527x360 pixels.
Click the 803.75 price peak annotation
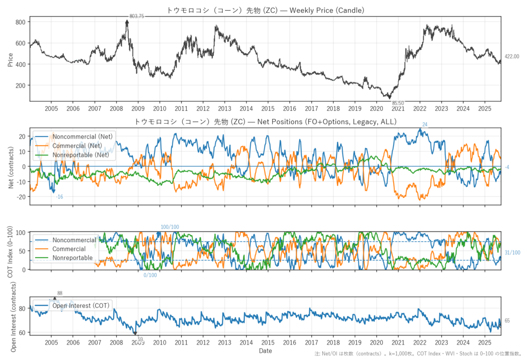pos(137,16)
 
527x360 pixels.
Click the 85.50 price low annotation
pos(397,103)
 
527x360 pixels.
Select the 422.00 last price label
pos(512,57)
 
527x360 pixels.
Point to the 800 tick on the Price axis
pos(21,22)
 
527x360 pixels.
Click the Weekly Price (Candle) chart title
pos(266,10)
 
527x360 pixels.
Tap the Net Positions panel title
pos(266,122)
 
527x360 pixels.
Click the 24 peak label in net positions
pos(425,125)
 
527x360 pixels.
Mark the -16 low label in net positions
pos(60,197)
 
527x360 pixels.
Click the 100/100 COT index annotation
pos(170,227)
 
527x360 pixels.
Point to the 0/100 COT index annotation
pos(150,275)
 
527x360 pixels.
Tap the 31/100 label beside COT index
pos(512,252)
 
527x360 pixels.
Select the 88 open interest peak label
pos(60,293)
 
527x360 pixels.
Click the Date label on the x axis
pos(266,351)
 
